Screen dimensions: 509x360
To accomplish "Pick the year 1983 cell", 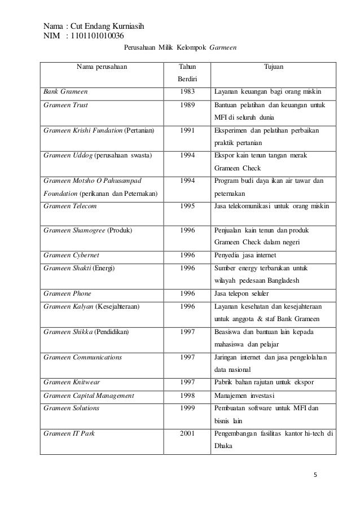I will [x=188, y=91].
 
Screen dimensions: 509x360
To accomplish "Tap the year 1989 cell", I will [x=188, y=104].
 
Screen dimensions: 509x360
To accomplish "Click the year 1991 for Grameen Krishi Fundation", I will [x=188, y=130].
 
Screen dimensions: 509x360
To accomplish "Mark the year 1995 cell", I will [x=188, y=206].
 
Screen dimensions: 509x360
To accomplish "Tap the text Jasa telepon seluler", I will [x=245, y=294].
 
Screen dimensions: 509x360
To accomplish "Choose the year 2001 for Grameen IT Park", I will [x=188, y=434].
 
